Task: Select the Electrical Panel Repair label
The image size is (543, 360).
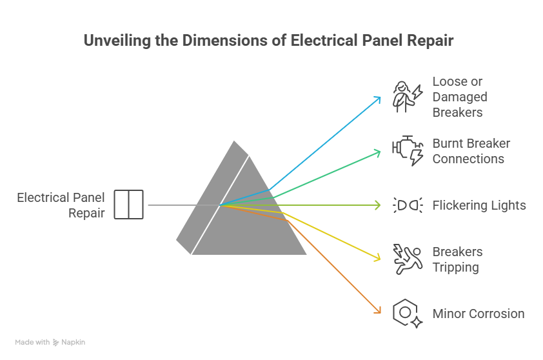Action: [61, 205]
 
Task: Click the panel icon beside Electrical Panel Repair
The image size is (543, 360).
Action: [129, 205]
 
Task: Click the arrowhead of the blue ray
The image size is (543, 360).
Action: [378, 98]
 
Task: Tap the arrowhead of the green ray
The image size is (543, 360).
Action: [378, 152]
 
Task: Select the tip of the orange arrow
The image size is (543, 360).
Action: [378, 312]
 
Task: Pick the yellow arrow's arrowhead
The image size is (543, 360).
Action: [378, 259]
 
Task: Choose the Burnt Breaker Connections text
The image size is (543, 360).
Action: [471, 151]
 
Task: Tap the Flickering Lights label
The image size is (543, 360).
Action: [479, 205]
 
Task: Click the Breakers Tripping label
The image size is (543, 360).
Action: [457, 259]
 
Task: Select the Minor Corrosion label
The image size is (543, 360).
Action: [479, 314]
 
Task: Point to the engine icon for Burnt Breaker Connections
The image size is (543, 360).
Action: [408, 151]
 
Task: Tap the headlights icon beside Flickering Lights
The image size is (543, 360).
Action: [408, 205]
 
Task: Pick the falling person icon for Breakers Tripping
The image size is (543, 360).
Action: [408, 259]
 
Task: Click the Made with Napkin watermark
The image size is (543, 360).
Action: [50, 342]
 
